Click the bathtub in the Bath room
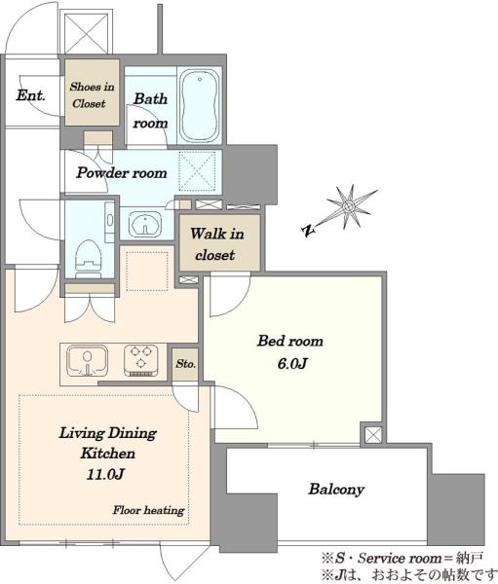[199, 105]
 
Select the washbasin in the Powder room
[145, 225]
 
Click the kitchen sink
[88, 361]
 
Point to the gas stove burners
[141, 360]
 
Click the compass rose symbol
[349, 206]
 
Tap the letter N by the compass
[307, 232]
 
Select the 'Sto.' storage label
[186, 363]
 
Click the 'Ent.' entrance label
[30, 95]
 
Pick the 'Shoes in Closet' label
[92, 95]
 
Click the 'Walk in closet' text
[216, 244]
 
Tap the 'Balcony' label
[336, 490]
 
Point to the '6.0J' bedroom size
[291, 363]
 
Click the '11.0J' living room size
[105, 474]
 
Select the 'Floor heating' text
[148, 510]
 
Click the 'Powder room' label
[122, 173]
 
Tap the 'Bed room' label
[289, 341]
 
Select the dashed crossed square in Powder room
[197, 170]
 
